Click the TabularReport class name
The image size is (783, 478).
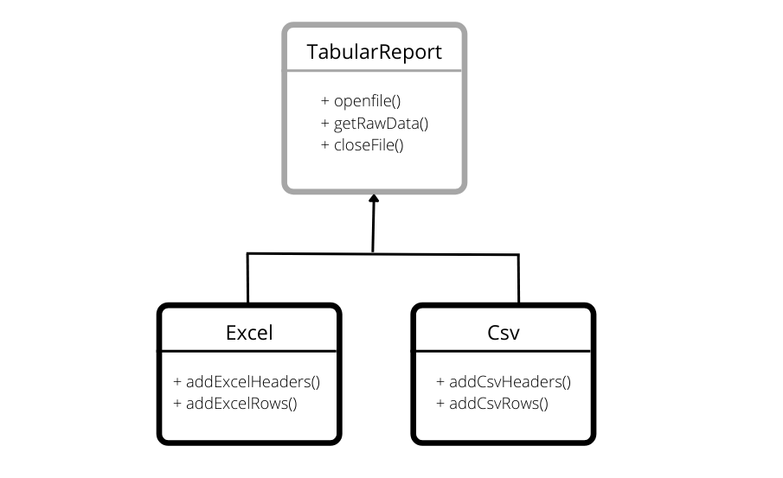click(x=374, y=52)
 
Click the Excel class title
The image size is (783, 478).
click(x=248, y=333)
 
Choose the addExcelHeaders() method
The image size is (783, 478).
click(x=247, y=381)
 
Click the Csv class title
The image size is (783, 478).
click(x=504, y=333)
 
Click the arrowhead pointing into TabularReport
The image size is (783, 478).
click(x=374, y=200)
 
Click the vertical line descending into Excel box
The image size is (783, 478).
click(x=247, y=278)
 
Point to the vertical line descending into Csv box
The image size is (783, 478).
click(x=518, y=278)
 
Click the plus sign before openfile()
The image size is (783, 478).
click(x=324, y=101)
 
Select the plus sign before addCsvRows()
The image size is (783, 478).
click(x=441, y=403)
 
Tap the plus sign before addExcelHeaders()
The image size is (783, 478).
click(x=178, y=381)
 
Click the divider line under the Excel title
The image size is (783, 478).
click(x=248, y=351)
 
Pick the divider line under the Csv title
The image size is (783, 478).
click(x=504, y=351)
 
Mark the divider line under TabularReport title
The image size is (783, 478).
click(x=374, y=72)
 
